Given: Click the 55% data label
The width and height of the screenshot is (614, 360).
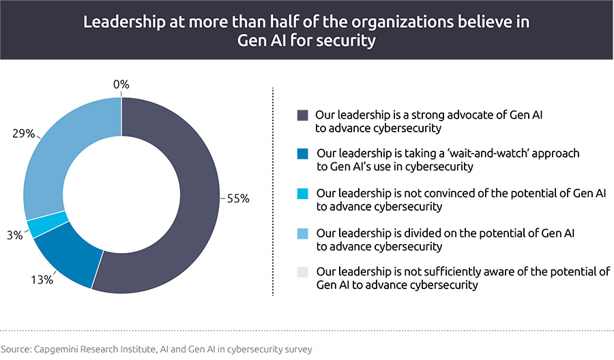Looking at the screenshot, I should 237,199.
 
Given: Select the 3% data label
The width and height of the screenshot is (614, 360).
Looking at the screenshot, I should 14,234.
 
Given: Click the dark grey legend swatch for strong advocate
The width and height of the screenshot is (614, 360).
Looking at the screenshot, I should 302,115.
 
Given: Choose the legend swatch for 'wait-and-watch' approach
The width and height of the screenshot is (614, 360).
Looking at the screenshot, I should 302,154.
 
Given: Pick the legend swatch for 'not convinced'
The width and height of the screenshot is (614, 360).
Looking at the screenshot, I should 302,194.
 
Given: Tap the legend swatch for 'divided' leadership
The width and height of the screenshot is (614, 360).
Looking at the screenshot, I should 302,234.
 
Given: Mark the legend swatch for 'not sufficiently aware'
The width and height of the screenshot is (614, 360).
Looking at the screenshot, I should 302,272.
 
